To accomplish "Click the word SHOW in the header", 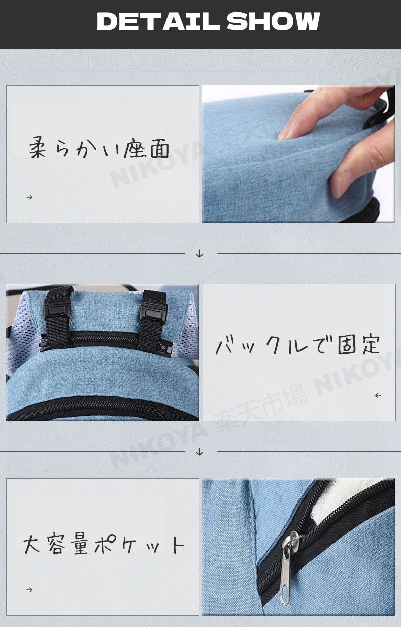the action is (x=273, y=21).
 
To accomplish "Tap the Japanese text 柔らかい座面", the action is (x=99, y=147).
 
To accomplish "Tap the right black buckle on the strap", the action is (x=153, y=312).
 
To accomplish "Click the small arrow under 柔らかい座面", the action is (x=29, y=197).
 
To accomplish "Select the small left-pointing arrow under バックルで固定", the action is (x=378, y=395).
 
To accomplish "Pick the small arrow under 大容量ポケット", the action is (x=29, y=590).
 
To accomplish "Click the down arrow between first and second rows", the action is (x=199, y=254).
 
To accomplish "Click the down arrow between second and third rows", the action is (x=199, y=452).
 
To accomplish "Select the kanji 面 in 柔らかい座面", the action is (x=160, y=148).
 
